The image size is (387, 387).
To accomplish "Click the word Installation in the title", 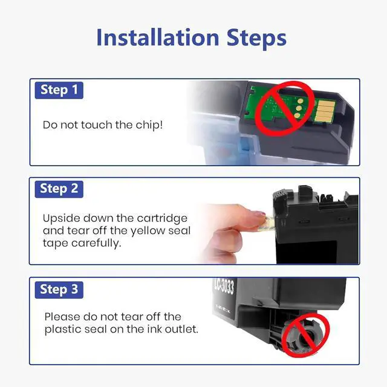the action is click(x=158, y=37).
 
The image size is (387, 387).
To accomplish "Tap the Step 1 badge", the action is click(x=59, y=90).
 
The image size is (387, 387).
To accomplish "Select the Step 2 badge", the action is click(x=59, y=189).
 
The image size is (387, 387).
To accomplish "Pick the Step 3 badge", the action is click(x=59, y=290).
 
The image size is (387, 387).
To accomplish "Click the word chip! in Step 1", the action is click(x=149, y=125).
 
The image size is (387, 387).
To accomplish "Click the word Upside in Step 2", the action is click(x=61, y=219).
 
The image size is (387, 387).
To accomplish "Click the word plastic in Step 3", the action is click(x=63, y=330).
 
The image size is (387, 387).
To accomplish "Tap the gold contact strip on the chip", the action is click(x=325, y=111).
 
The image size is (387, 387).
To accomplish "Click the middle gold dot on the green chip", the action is click(x=299, y=108).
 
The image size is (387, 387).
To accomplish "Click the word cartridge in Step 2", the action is click(x=162, y=219).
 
